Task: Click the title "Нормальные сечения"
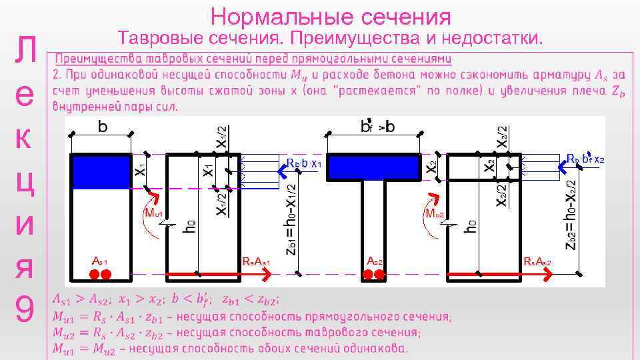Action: (x=331, y=17)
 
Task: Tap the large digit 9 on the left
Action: (x=24, y=310)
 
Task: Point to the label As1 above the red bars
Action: (x=99, y=261)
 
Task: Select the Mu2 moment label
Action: (x=433, y=213)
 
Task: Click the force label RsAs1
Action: (x=257, y=262)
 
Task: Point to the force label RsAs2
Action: (x=537, y=262)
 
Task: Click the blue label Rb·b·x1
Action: (x=305, y=164)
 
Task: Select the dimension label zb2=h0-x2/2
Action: (x=571, y=213)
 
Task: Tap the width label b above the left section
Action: (x=103, y=127)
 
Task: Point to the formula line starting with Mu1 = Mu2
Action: (x=229, y=348)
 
